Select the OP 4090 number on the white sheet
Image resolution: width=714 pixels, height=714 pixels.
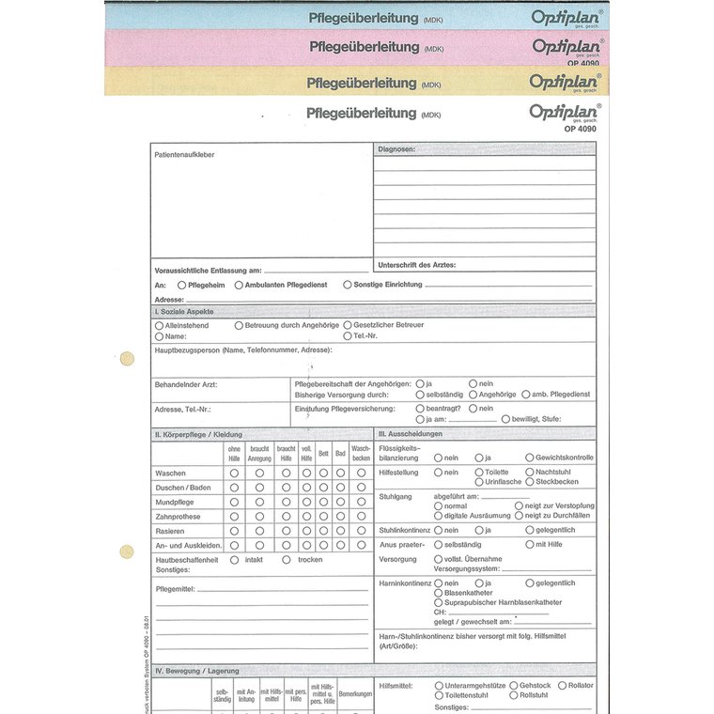tap(580, 129)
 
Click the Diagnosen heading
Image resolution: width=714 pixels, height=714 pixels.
tap(396, 149)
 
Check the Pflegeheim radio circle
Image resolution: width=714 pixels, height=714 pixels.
tap(181, 284)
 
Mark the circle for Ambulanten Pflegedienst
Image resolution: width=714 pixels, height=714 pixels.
tap(239, 284)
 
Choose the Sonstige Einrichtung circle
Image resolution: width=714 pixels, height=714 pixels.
tap(348, 284)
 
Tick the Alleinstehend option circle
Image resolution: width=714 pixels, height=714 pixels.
tap(159, 325)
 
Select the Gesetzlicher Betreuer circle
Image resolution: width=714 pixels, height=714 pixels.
tap(348, 325)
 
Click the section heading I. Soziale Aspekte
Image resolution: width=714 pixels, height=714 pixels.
tap(184, 310)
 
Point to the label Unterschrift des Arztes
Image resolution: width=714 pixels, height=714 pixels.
tap(416, 265)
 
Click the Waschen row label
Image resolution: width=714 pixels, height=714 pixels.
tap(171, 473)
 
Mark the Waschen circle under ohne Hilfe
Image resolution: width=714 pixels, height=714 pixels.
tap(234, 473)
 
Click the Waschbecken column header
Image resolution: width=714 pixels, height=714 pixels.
tap(361, 453)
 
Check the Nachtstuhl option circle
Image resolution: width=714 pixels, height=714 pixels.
tap(530, 472)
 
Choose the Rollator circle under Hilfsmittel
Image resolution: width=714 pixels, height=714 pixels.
tap(562, 686)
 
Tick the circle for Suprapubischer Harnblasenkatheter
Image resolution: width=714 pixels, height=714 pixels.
tap(438, 602)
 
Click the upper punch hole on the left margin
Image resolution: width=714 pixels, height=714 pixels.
tap(127, 358)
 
